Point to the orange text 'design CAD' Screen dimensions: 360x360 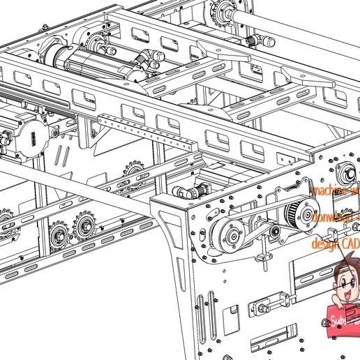335,243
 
